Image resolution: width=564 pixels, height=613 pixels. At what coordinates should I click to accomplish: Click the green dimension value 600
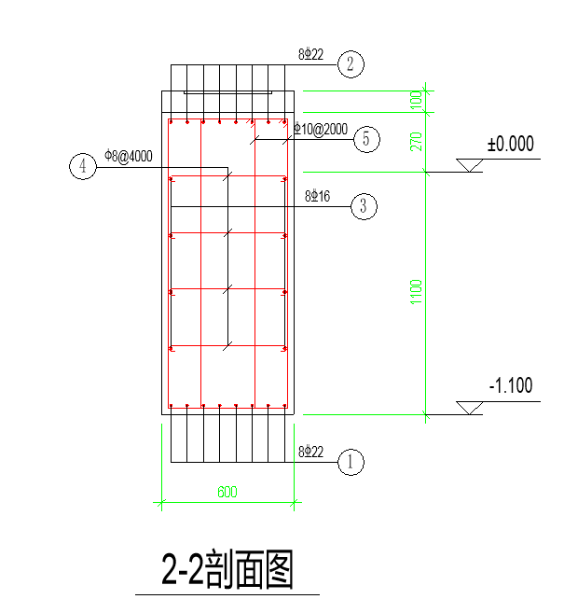click(227, 492)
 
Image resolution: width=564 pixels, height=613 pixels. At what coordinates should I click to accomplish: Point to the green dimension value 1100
click(417, 292)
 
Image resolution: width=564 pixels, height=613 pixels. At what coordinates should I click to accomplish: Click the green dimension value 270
click(417, 142)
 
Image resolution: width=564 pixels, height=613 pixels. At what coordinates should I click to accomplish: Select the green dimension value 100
click(417, 100)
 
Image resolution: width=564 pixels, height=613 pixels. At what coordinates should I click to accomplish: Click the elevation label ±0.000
click(511, 144)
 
